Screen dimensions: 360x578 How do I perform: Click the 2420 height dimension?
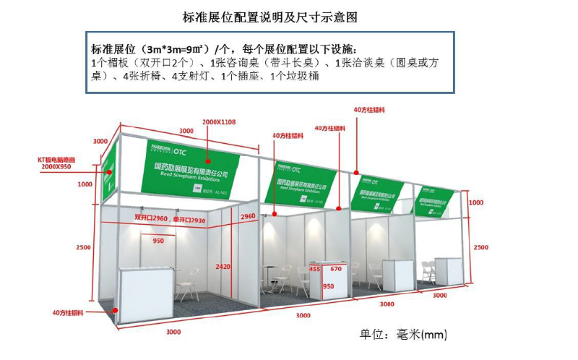pos(223,266)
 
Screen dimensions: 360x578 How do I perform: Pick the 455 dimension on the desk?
pos(314,269)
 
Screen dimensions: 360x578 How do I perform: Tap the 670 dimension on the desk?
pos(336,269)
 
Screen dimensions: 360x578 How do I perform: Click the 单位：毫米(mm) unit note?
pos(404,334)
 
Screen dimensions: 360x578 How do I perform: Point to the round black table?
pos(270,275)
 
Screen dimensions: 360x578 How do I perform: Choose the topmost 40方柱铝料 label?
pos(368,110)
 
